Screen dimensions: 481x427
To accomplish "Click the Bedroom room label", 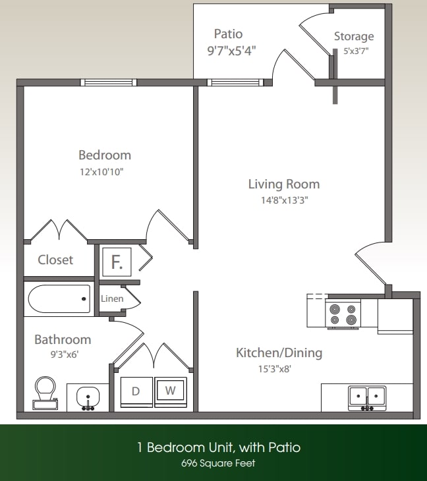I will [105, 156].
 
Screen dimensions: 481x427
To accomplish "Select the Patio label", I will [228, 34].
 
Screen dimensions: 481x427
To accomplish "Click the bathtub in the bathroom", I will [59, 299].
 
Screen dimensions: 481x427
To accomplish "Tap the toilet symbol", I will [45, 393].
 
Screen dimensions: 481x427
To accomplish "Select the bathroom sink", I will [88, 398].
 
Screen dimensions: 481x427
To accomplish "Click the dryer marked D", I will [136, 391].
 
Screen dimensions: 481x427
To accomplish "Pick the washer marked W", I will [170, 391].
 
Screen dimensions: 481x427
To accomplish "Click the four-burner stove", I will [343, 314].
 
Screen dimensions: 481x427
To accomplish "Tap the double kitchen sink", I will [367, 397].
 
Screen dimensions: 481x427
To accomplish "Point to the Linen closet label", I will [112, 298].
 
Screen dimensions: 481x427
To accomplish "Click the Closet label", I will [55, 260].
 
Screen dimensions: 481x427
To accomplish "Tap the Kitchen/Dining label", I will [279, 353].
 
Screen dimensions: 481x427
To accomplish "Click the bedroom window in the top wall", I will [108, 82].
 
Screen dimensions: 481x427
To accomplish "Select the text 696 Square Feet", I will [218, 463].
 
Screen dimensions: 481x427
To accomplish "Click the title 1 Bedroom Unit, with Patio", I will [218, 447].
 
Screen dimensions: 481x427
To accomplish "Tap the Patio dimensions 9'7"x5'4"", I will [228, 49].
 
